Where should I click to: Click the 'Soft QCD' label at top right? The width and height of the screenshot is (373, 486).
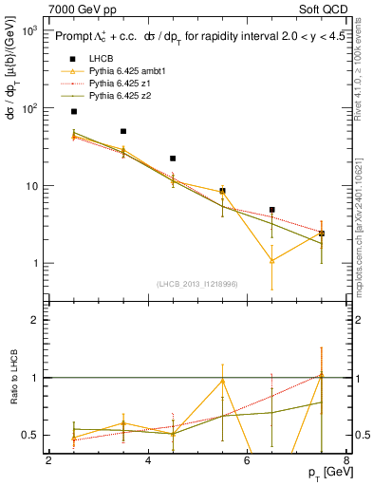click(x=326, y=8)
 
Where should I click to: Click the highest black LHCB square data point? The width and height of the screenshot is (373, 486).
click(x=74, y=112)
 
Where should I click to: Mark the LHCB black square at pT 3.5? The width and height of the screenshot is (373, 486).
click(x=123, y=131)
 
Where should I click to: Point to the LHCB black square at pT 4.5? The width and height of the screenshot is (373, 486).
click(x=173, y=159)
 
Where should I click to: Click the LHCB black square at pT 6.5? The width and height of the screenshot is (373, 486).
click(x=272, y=210)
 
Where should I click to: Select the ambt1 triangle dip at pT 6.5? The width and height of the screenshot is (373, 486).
click(x=272, y=260)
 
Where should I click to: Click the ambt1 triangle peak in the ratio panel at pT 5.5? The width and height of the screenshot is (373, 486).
click(x=222, y=381)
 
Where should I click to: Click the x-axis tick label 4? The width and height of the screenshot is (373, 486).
click(x=148, y=461)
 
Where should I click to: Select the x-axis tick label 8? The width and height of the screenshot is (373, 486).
click(x=345, y=461)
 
